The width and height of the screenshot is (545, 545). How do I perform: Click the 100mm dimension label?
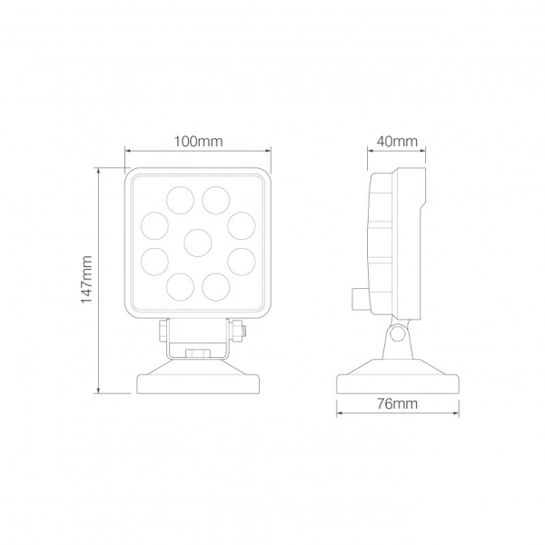point(198,141)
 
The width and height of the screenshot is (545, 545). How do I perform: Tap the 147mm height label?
point(87,280)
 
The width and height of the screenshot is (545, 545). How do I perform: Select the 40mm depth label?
point(396,141)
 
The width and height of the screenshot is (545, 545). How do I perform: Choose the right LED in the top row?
point(216,198)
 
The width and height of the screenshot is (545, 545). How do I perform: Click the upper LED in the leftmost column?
point(154,223)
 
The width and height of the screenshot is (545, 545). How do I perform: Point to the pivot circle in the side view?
point(397,334)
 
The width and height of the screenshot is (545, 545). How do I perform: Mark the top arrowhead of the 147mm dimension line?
point(101,172)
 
